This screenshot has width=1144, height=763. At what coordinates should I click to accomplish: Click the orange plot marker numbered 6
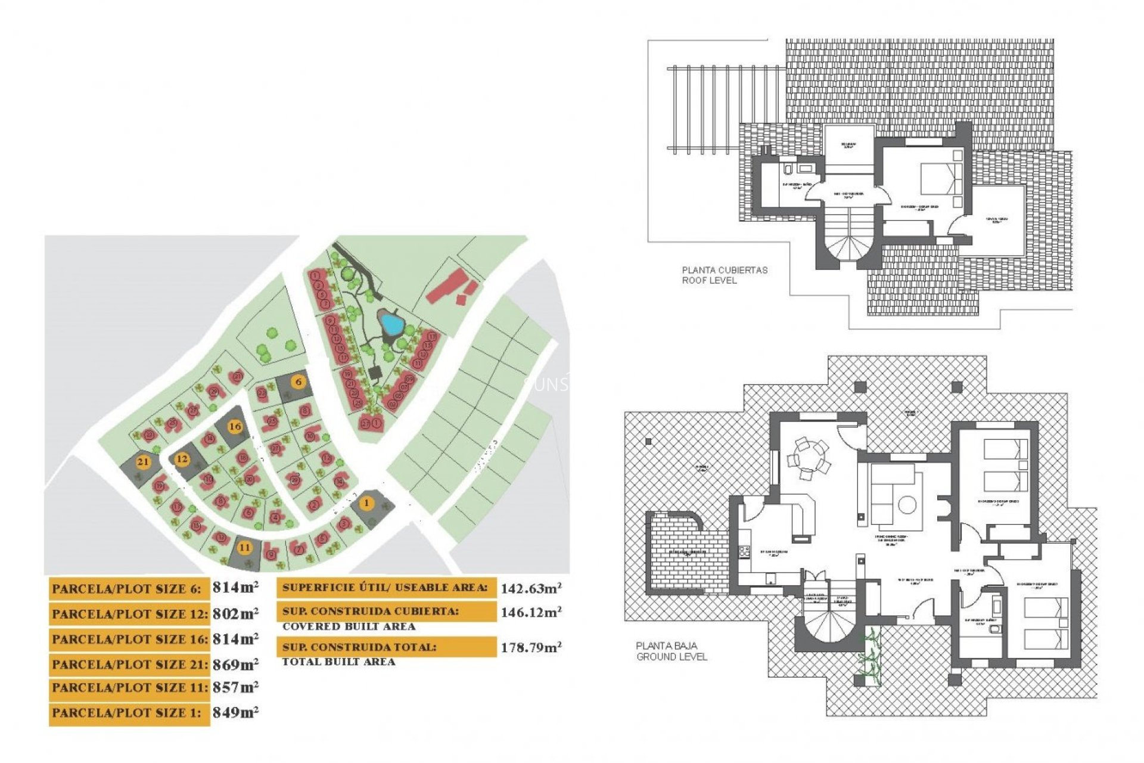click(x=299, y=381)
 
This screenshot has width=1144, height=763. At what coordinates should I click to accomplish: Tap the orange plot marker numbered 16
click(x=235, y=426)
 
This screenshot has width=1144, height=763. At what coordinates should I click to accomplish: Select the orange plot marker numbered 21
click(x=143, y=462)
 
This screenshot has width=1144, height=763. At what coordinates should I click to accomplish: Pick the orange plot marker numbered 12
click(x=182, y=459)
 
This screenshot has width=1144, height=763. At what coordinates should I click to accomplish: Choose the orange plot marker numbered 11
click(x=245, y=547)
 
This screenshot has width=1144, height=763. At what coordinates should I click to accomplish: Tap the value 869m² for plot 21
click(x=235, y=663)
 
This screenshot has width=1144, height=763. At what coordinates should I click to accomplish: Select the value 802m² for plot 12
click(x=235, y=613)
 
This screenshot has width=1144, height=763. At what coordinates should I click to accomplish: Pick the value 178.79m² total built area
click(x=531, y=647)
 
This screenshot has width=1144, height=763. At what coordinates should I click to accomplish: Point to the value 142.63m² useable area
click(x=531, y=588)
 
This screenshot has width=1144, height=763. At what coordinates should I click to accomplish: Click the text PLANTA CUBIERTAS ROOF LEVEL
click(x=725, y=275)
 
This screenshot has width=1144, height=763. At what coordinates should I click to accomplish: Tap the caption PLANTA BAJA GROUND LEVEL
click(x=672, y=651)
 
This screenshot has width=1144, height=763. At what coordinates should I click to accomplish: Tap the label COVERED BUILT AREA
click(x=349, y=626)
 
